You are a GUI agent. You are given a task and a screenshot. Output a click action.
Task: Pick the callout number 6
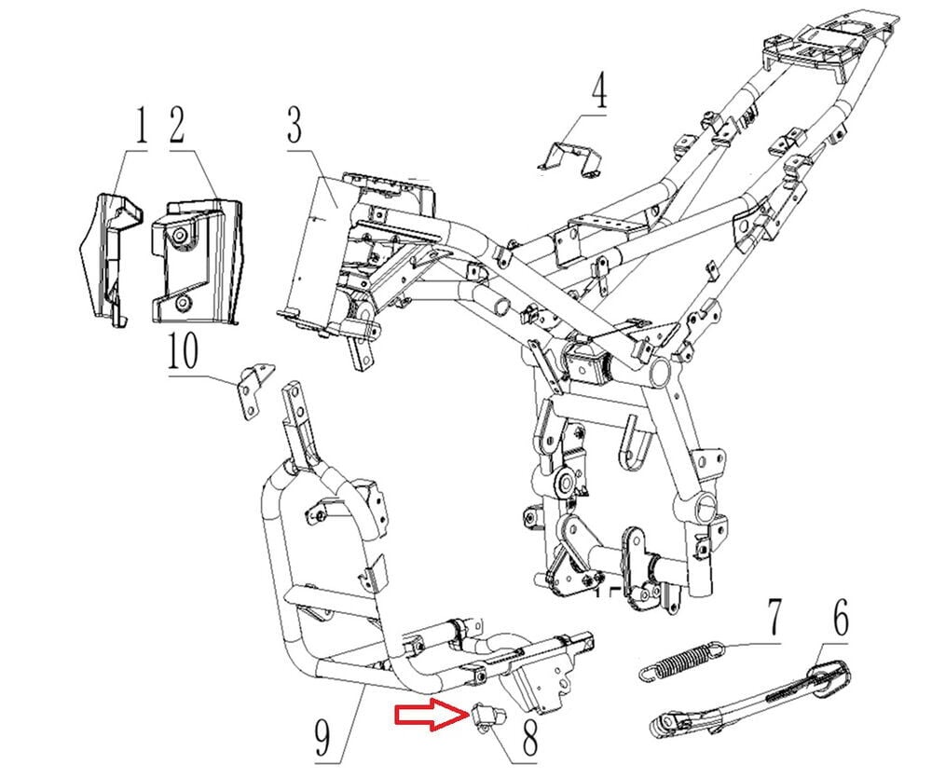(x=840, y=616)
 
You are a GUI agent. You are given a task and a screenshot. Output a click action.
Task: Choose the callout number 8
(x=529, y=736)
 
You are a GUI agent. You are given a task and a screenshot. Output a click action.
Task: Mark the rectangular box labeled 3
(x=317, y=247)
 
